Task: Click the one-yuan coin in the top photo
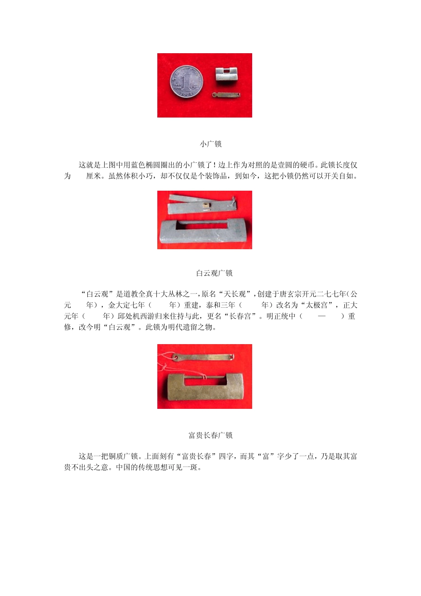point(184,82)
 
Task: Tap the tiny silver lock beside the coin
point(226,74)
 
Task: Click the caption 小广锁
point(210,144)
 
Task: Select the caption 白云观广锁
point(214,273)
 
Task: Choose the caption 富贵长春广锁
point(210,435)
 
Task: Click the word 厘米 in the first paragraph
point(93,176)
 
